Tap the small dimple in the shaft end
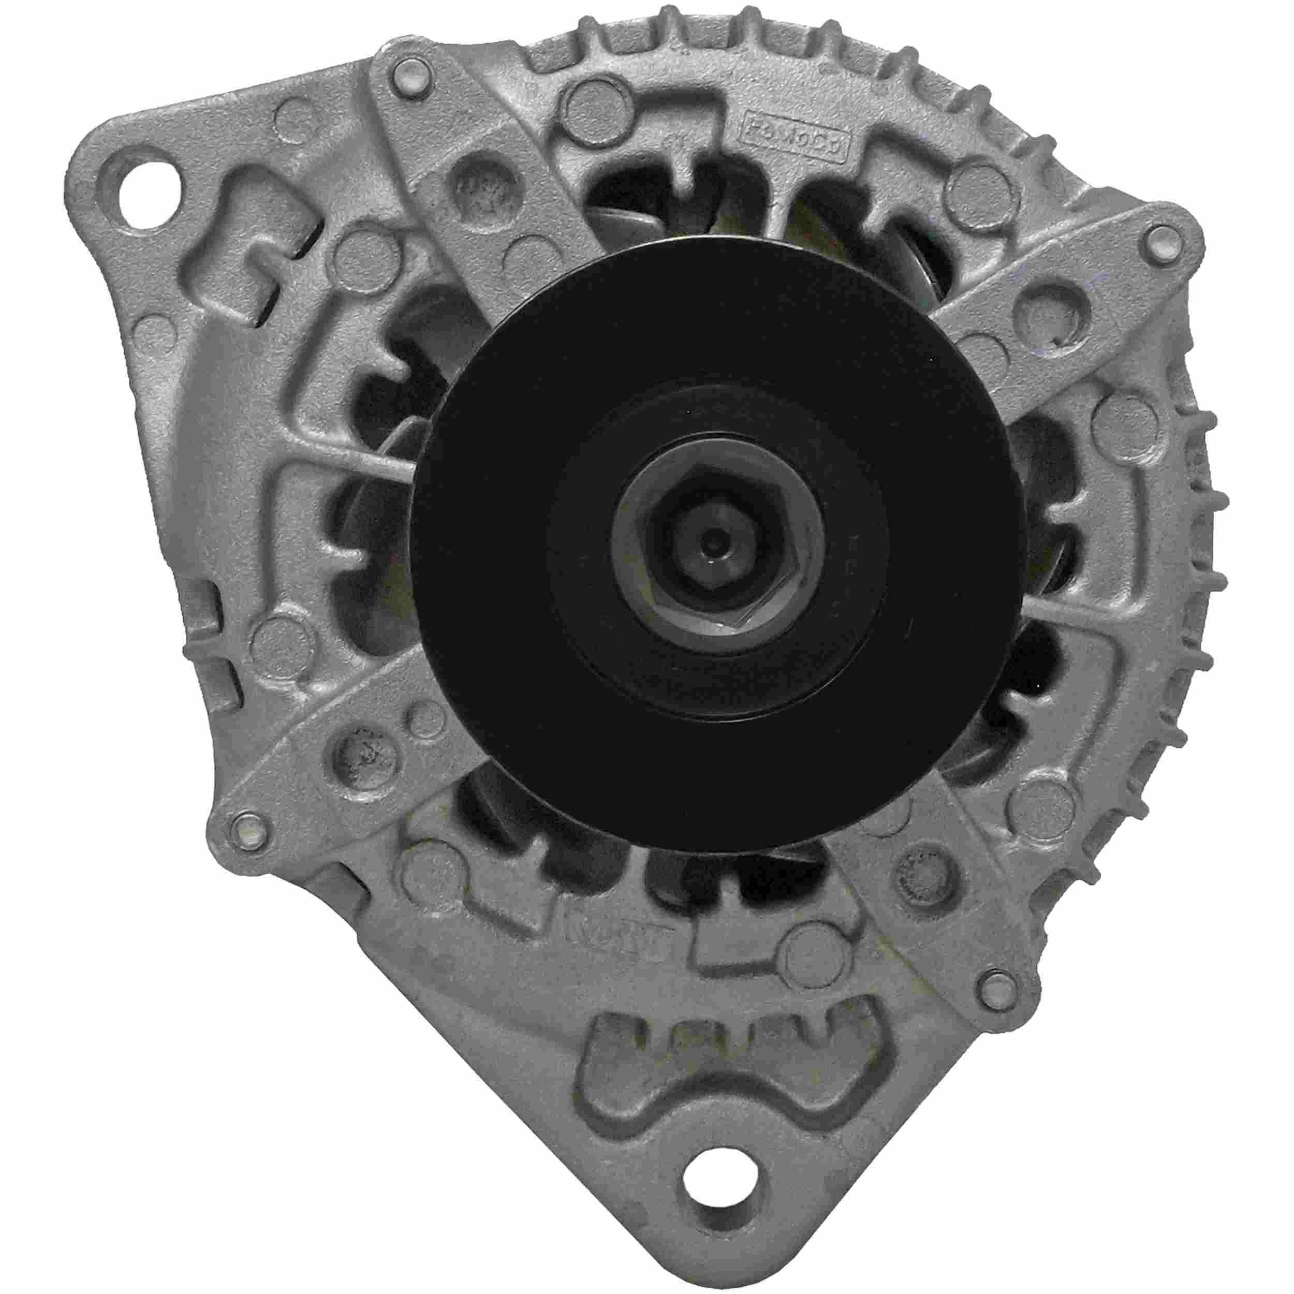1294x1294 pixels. click(716, 536)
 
